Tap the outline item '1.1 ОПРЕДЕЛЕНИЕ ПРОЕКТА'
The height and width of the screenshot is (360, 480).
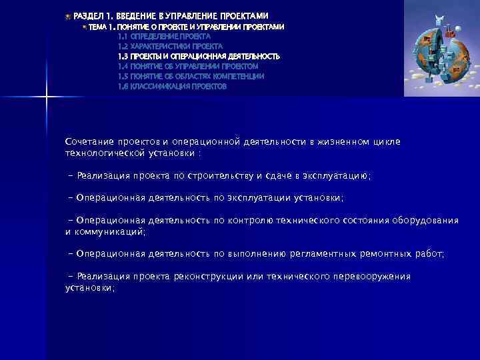[x=164, y=37]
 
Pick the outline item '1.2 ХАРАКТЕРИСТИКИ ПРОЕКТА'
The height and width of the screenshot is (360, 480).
[x=170, y=47]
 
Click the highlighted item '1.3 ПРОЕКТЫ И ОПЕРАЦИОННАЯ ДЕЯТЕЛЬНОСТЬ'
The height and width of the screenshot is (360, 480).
[x=199, y=57]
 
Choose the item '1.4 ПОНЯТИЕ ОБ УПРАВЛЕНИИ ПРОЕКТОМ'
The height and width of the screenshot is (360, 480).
[x=187, y=67]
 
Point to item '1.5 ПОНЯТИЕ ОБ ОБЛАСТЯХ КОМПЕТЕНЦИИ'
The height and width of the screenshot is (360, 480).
[x=191, y=77]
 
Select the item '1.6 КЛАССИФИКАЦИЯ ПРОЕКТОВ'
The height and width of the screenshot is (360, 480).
[x=172, y=87]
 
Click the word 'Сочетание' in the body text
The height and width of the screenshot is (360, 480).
[x=89, y=141]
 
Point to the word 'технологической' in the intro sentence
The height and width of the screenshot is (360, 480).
[x=102, y=153]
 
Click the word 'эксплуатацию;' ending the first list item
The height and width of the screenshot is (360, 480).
[x=337, y=175]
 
